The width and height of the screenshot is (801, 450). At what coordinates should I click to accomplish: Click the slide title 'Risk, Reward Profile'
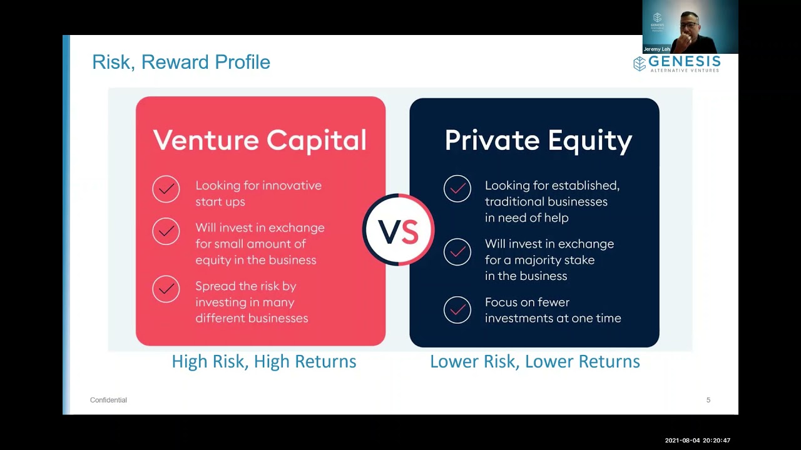click(x=181, y=62)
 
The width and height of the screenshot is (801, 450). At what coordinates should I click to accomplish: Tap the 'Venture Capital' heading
click(x=260, y=140)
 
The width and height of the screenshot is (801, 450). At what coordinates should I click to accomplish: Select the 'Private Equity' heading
click(x=538, y=140)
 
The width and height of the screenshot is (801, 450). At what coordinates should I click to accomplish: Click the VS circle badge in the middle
click(x=398, y=231)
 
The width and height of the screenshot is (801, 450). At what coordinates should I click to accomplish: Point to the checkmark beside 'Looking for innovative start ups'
click(x=166, y=189)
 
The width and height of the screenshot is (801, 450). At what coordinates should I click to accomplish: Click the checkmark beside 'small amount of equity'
click(x=166, y=231)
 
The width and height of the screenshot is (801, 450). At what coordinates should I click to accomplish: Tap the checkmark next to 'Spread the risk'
click(x=166, y=289)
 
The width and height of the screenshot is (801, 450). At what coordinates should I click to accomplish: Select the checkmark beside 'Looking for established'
click(x=457, y=189)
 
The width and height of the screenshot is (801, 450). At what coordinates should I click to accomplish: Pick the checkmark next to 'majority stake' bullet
click(x=457, y=251)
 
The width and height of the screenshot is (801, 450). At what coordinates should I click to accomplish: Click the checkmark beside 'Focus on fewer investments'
click(x=457, y=310)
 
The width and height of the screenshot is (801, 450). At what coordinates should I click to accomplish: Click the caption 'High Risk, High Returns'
click(x=263, y=361)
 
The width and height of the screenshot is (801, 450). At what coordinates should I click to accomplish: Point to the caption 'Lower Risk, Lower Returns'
click(x=534, y=361)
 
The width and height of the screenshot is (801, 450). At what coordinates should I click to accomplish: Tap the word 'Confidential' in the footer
click(x=108, y=400)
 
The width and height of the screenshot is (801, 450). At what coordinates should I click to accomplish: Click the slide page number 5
click(x=708, y=400)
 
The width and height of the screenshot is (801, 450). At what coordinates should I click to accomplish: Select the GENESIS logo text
click(x=684, y=62)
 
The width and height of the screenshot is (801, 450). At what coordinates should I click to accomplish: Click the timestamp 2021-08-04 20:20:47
click(x=697, y=441)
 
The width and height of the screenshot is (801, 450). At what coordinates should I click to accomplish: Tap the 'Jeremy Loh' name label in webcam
click(x=656, y=49)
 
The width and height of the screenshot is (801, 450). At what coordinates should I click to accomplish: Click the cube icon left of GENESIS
click(x=639, y=64)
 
